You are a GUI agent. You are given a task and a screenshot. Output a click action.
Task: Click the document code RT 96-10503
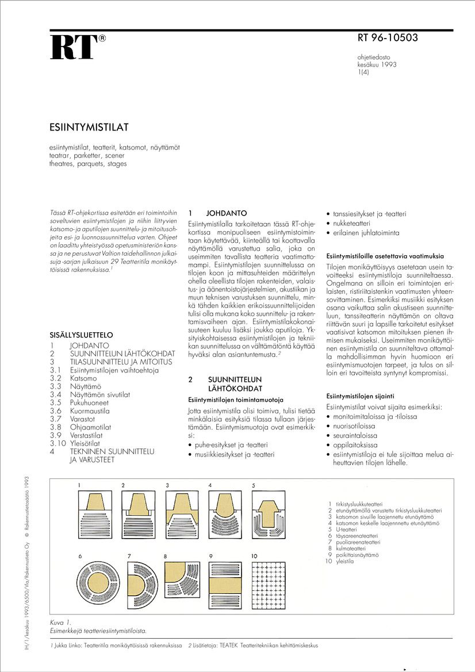click(x=388, y=39)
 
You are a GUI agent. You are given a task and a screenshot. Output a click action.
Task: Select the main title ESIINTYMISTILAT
click(x=89, y=126)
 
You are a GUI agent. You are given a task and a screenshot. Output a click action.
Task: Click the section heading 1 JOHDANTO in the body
click(x=210, y=213)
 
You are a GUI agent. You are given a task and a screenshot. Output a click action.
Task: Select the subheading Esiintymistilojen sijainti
click(x=360, y=397)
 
